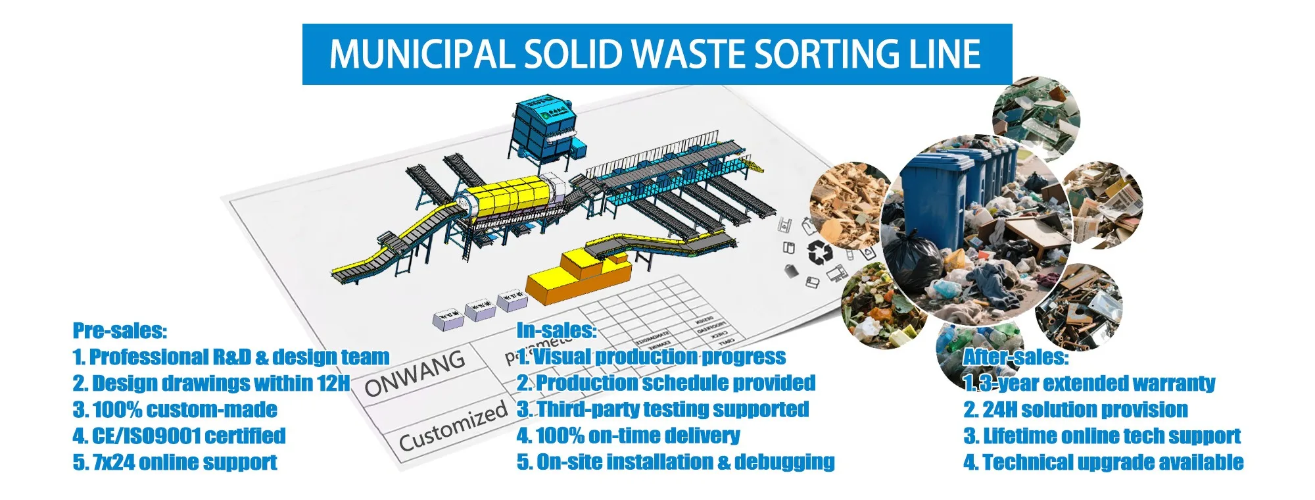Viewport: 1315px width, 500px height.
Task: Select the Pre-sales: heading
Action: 120,330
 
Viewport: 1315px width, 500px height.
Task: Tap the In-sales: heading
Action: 556,330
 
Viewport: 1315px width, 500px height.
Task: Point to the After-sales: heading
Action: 1015,357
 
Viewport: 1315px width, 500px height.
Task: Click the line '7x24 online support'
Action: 175,462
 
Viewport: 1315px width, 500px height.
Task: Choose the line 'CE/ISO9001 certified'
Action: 179,436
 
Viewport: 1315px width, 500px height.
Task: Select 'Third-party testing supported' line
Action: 663,409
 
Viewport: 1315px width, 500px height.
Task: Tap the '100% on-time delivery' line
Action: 629,436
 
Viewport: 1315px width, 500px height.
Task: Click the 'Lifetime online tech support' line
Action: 1102,436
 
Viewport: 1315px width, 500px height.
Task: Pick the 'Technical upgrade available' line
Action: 1103,462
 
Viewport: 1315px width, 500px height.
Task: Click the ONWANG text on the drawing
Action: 415,373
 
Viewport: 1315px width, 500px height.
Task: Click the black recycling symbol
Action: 820,252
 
